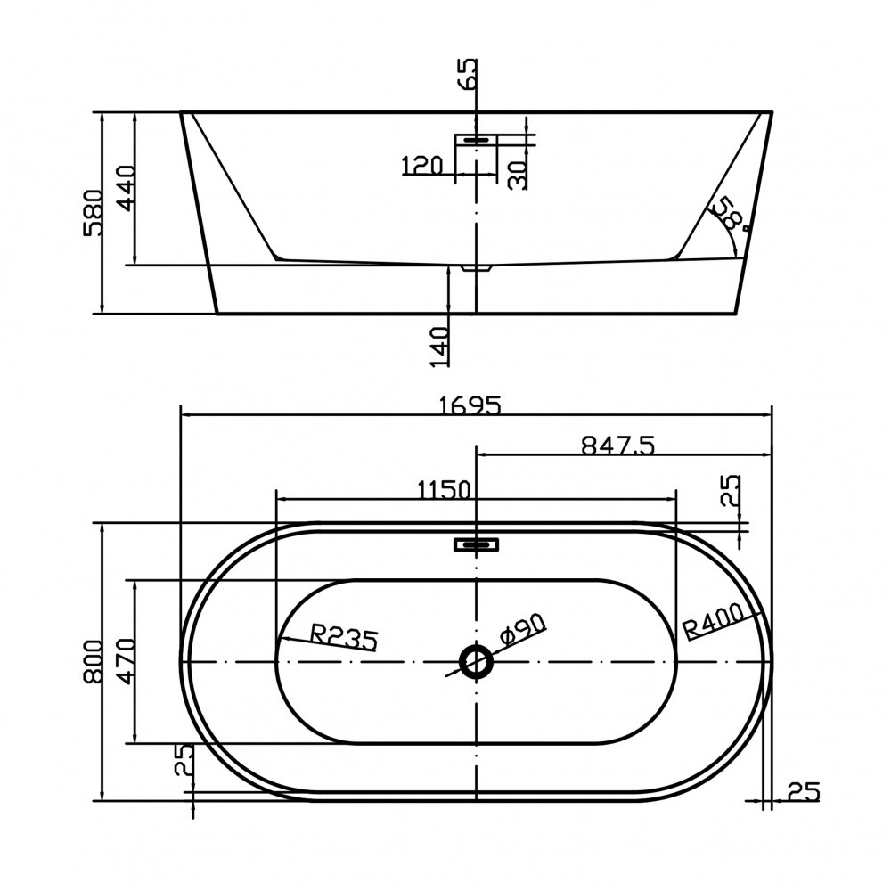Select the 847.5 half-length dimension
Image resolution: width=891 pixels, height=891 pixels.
point(617,445)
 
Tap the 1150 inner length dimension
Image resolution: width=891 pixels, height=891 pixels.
point(445,489)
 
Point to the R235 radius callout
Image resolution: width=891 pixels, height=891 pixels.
point(344,637)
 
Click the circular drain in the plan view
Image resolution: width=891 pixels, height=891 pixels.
point(476,661)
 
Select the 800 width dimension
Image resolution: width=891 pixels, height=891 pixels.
point(93,661)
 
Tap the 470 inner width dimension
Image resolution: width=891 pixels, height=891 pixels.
point(126,661)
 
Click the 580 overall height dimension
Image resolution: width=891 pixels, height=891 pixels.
point(93,213)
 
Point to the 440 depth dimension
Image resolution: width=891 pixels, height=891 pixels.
point(126,188)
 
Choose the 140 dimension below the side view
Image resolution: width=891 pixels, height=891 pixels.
point(440,346)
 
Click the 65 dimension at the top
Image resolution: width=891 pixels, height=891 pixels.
point(469,74)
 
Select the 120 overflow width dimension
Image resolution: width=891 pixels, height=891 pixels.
point(421,166)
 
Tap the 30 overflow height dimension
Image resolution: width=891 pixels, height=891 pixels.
point(517,175)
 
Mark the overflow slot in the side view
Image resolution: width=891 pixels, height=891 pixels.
point(476,139)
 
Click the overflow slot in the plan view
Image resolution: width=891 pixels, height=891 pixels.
point(476,545)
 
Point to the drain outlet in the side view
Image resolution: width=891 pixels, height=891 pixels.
point(476,267)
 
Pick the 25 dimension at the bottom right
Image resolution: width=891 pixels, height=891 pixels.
point(804,791)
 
